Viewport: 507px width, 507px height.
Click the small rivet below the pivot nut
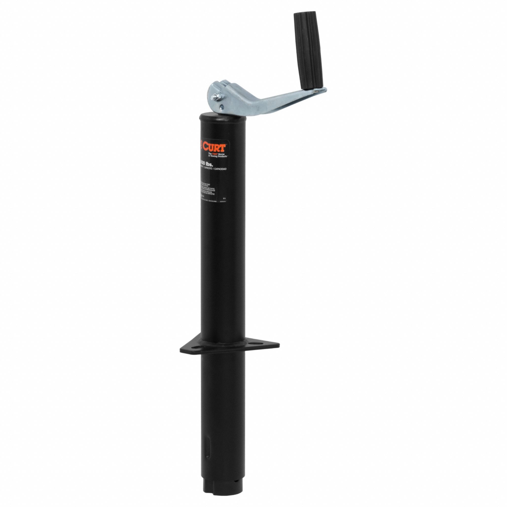click(222, 107)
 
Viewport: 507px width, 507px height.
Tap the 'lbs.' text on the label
click(208, 165)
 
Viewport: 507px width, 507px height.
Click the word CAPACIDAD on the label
click(220, 169)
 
